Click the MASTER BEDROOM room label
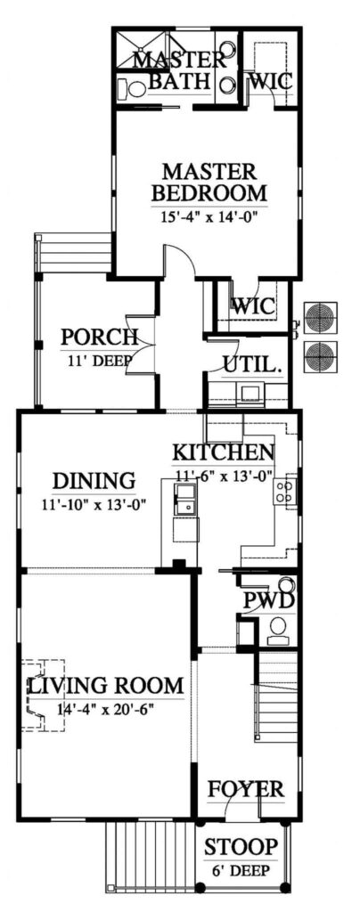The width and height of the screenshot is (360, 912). coord(209,181)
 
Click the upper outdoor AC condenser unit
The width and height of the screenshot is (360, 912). coord(320,317)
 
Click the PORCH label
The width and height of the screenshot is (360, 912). coord(98,338)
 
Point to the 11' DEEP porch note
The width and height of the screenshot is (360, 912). coord(98,361)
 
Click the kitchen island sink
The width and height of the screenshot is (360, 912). coord(186,499)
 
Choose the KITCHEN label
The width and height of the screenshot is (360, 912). coord(222,451)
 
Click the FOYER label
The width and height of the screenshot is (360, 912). coord(245,789)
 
